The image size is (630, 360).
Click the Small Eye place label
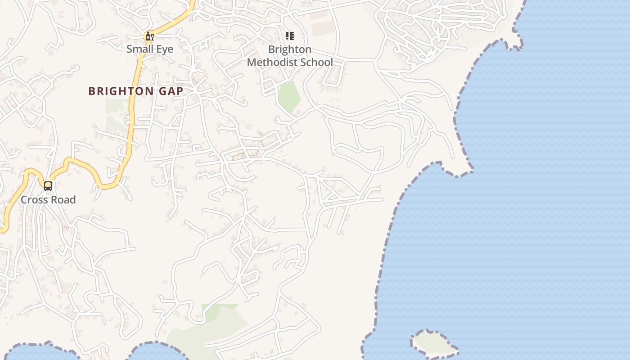149,49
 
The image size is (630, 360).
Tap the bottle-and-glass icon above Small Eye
149,36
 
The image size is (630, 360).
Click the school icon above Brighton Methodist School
290,36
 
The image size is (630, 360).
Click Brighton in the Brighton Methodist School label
290,49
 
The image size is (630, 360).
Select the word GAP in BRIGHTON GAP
170,91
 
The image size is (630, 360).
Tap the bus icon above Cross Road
48,186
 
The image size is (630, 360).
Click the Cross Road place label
48,200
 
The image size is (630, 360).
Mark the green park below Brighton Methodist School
289,96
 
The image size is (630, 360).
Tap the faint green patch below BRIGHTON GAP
116,115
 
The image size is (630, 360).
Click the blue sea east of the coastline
517,202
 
